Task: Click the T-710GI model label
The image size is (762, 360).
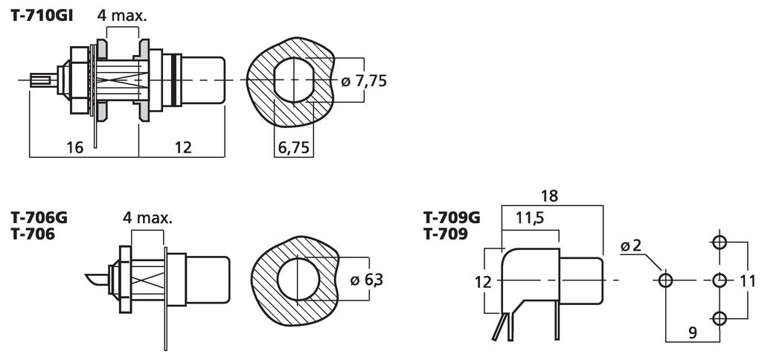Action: point(42,16)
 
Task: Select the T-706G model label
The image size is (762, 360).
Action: point(39,218)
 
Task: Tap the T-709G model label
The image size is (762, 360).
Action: point(452,218)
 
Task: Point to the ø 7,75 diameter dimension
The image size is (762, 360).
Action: point(363,80)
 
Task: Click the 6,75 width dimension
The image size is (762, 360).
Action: point(293,147)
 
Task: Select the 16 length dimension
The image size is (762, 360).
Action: point(76,147)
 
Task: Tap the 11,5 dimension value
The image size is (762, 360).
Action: point(530,219)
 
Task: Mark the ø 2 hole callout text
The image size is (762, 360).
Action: point(632,246)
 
